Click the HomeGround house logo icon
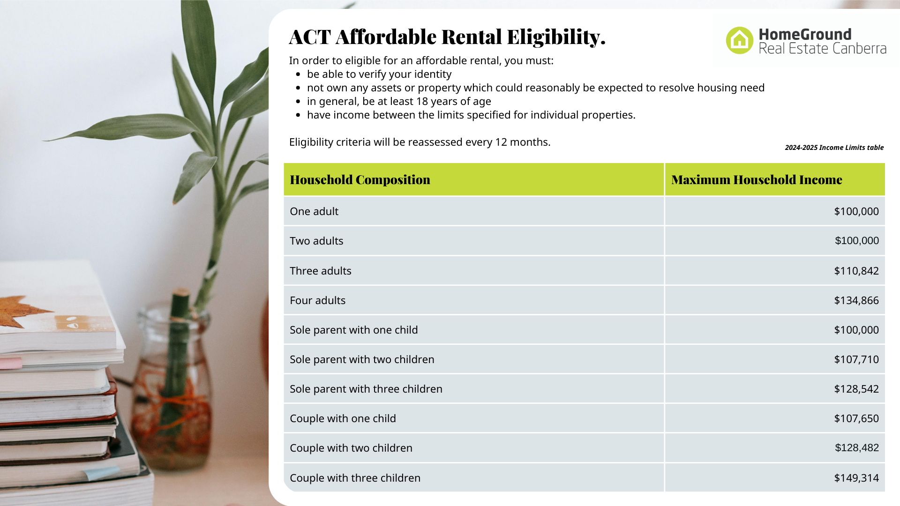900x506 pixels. tap(739, 40)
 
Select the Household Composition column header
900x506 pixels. tap(360, 179)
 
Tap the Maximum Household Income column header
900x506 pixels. tap(757, 179)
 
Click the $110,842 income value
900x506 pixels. tap(856, 271)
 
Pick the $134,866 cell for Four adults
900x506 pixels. tap(856, 300)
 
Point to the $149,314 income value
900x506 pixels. tap(856, 478)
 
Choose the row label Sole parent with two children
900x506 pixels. tap(362, 359)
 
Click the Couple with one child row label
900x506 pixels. tap(343, 418)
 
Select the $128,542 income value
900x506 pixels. tap(856, 389)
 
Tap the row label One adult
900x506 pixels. tap(314, 211)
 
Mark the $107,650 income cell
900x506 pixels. tap(856, 418)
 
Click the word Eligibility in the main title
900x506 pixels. tap(556, 37)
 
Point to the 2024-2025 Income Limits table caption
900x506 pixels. tap(834, 148)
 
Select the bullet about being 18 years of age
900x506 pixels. tap(398, 101)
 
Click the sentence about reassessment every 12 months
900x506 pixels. tap(420, 142)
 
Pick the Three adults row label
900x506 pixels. tap(320, 271)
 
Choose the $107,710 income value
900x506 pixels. tap(856, 359)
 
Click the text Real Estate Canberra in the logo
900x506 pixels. tap(822, 49)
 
